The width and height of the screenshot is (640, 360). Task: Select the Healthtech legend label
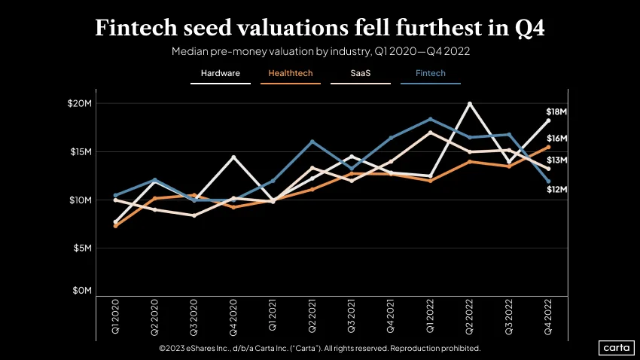[x=290, y=74]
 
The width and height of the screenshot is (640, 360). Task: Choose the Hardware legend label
[x=221, y=74]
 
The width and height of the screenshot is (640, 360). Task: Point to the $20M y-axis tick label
[x=80, y=103]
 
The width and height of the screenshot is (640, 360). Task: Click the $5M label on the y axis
[x=83, y=249]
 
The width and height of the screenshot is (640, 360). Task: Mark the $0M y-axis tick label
[x=82, y=291]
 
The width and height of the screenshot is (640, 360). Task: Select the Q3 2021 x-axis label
[x=351, y=316]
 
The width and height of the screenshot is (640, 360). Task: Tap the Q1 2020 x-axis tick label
[x=115, y=316]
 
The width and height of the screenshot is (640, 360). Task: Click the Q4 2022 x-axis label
[x=547, y=317]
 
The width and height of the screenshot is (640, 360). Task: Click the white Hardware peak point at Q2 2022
[x=470, y=104]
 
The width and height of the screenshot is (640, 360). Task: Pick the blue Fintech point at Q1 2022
[x=430, y=119]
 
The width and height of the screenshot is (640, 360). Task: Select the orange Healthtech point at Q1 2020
[x=115, y=226]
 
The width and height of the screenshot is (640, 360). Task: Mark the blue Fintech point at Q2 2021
[x=312, y=142]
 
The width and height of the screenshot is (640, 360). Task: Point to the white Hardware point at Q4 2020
[x=233, y=157]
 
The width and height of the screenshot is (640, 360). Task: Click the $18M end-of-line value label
[x=556, y=111]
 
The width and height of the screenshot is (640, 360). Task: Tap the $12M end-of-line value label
[x=556, y=189]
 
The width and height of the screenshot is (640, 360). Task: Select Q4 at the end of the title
[x=529, y=29]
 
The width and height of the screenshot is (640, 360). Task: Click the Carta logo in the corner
[x=617, y=348]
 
